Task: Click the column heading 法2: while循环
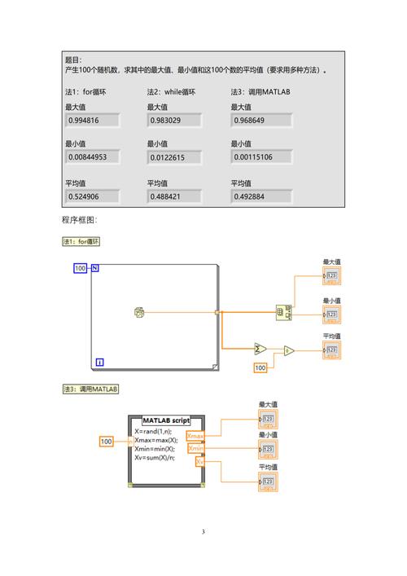click(x=172, y=92)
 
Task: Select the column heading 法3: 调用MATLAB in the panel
click(x=260, y=92)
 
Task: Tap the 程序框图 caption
click(x=79, y=221)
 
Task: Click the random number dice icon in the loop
click(x=139, y=312)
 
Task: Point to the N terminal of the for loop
click(x=95, y=268)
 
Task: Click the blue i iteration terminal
click(x=99, y=362)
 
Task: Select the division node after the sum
click(x=287, y=350)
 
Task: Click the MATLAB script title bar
click(x=166, y=420)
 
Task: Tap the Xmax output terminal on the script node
click(x=196, y=437)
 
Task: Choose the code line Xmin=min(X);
click(x=155, y=449)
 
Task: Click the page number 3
click(x=203, y=533)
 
